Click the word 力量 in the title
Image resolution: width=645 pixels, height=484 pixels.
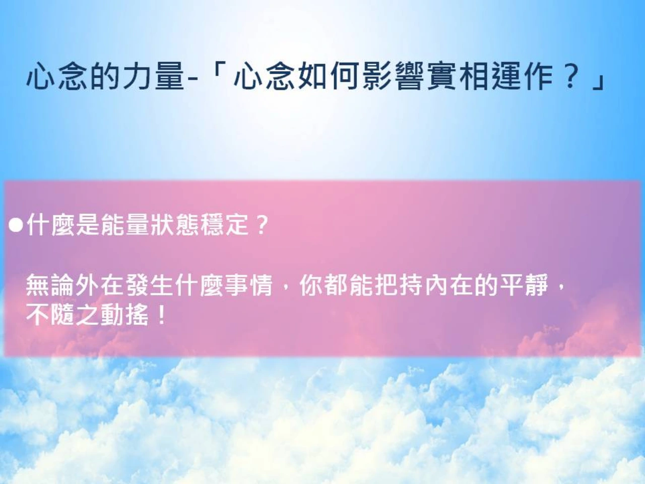coord(153,76)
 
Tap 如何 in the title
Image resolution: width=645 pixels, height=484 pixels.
coord(329,76)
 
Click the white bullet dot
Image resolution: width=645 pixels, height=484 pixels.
coord(16,225)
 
